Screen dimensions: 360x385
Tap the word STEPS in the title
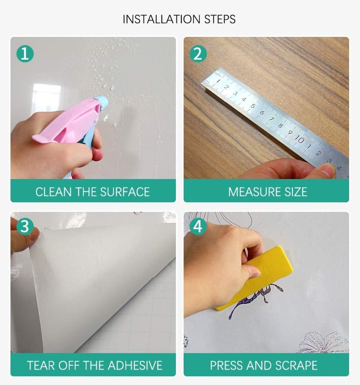(220, 19)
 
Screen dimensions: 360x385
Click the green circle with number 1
(25, 54)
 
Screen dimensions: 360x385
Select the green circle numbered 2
(198, 54)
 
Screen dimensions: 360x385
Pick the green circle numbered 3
(25, 226)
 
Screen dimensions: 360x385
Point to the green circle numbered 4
(198, 226)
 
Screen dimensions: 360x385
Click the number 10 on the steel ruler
(300, 140)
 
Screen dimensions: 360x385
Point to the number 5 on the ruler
(252, 106)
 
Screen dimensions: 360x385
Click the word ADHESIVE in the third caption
(135, 365)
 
